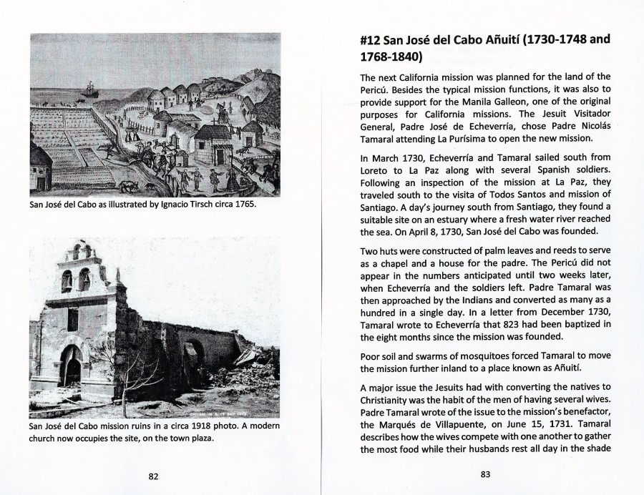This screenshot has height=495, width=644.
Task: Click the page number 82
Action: point(153,476)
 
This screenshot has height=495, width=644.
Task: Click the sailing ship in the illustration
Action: point(89,91)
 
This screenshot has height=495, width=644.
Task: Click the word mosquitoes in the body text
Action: point(477,356)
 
